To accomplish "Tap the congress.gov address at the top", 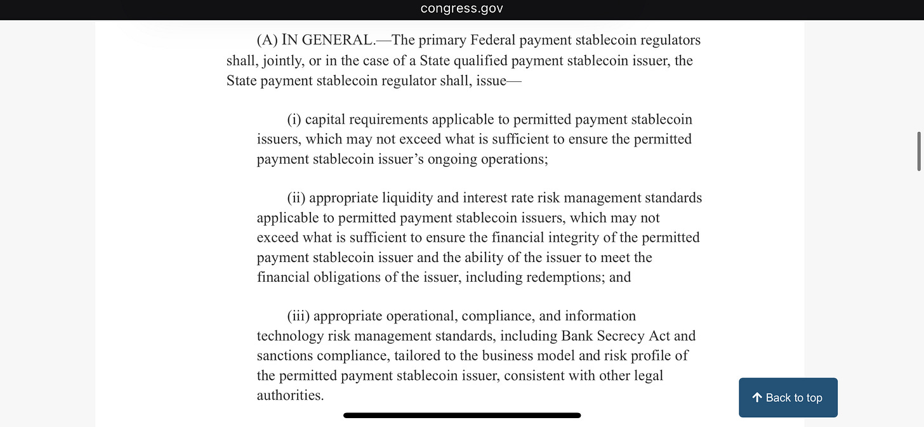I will [461, 9].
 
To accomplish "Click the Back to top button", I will [788, 398].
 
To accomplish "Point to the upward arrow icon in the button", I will [756, 397].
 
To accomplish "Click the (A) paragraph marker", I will [267, 41].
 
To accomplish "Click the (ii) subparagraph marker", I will [296, 198].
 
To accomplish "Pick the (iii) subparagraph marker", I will [298, 316].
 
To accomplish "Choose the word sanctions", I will [285, 355].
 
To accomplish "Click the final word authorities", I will [290, 395].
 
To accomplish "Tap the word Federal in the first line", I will [492, 41].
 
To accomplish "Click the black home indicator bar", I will [462, 416].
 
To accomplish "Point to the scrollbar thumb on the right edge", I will [919, 151].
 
